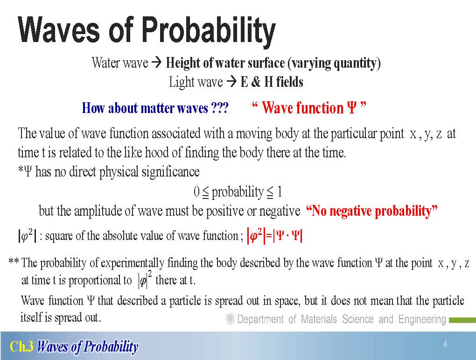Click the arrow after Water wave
(x=156, y=63)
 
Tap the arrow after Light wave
(x=231, y=82)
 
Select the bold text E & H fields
(x=272, y=82)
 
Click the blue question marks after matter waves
(x=219, y=108)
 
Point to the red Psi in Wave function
(x=351, y=107)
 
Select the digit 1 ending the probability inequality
(x=280, y=192)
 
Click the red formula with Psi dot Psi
(x=275, y=236)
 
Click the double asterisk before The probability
(x=14, y=261)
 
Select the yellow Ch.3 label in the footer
(x=22, y=346)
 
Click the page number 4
(x=445, y=344)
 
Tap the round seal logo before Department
(x=231, y=319)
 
